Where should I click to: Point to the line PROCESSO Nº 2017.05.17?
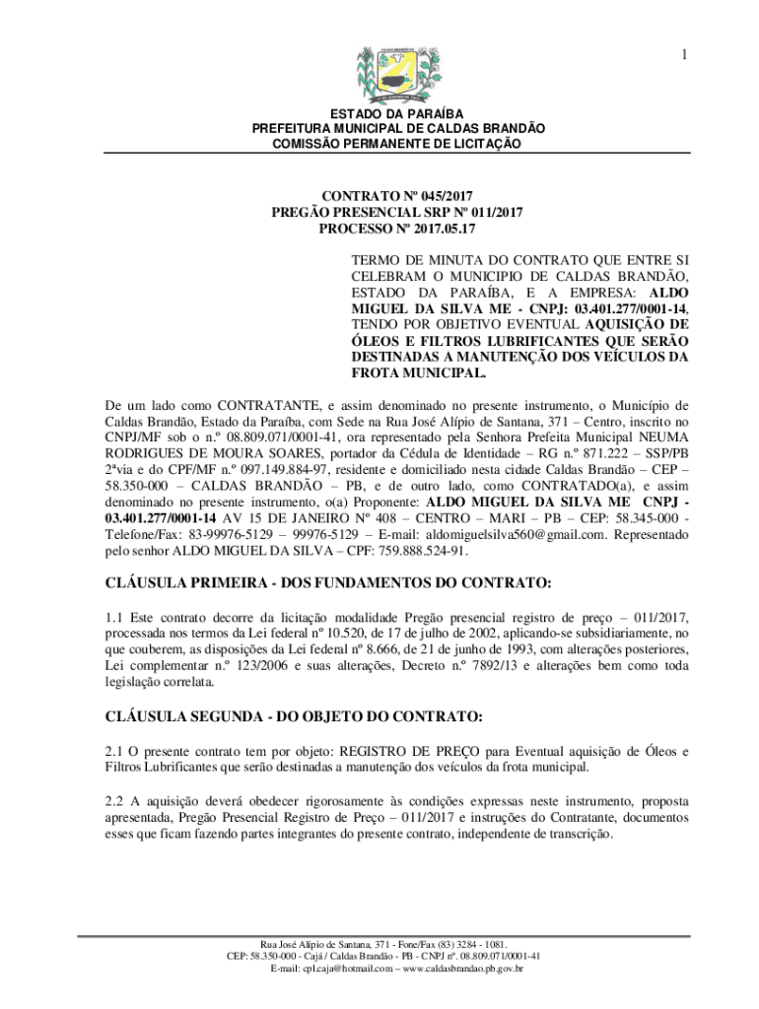[397, 229]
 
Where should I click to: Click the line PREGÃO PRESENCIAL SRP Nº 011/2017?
[397, 212]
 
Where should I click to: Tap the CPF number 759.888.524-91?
[419, 552]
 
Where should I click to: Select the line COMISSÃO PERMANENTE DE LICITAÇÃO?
[397, 144]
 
